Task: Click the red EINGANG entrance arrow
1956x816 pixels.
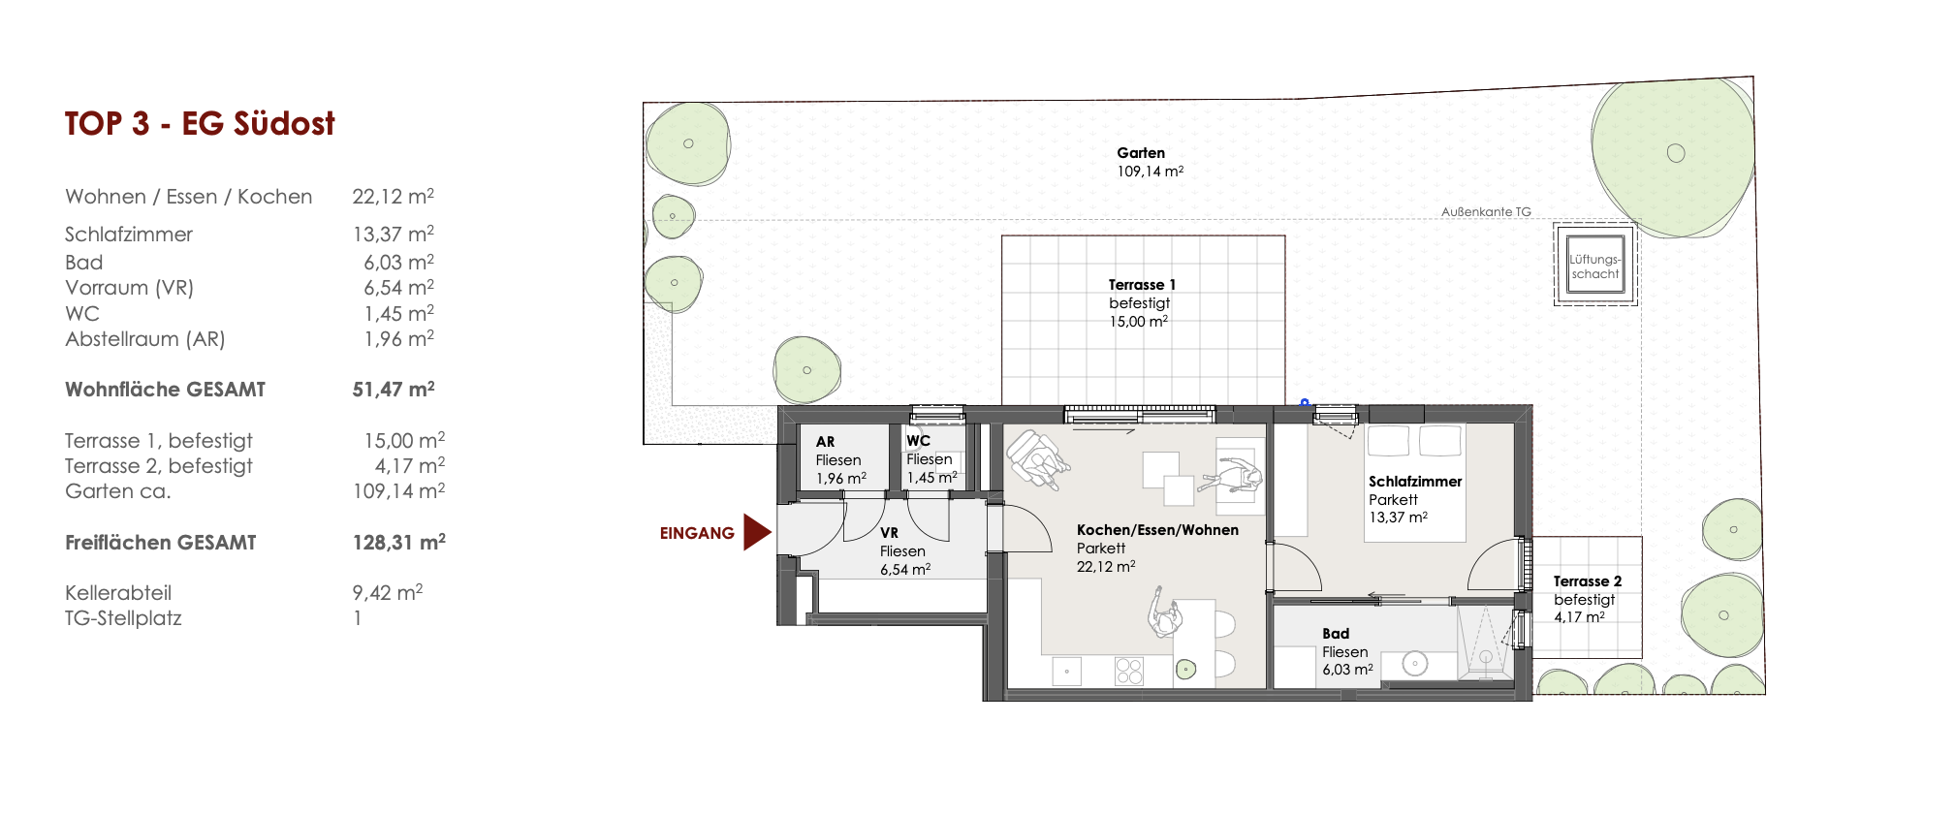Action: point(756,532)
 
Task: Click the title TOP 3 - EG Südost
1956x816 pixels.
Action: point(200,124)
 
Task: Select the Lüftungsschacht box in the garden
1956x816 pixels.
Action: point(1595,265)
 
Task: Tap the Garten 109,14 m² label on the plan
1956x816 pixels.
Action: point(1150,162)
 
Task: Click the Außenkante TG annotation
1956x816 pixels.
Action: point(1486,211)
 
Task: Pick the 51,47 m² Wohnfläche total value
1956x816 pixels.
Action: point(394,390)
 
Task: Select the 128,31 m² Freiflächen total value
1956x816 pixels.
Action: point(399,543)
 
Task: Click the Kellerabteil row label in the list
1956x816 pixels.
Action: point(118,593)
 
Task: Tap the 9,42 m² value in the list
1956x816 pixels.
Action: point(388,592)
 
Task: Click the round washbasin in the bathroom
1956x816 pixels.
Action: point(1415,664)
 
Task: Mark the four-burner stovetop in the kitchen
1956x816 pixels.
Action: point(1129,672)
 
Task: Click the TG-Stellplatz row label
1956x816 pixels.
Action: point(123,618)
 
